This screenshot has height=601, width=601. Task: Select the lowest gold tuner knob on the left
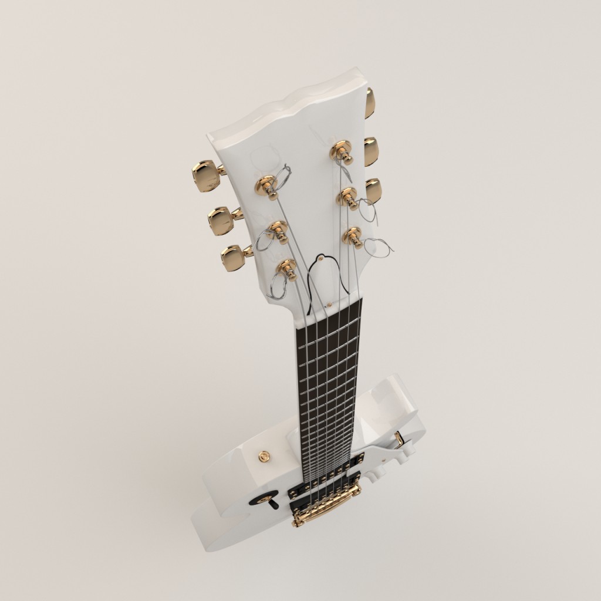click(x=234, y=258)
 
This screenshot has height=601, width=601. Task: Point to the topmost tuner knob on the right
click(x=369, y=103)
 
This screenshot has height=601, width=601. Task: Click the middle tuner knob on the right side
click(x=371, y=151)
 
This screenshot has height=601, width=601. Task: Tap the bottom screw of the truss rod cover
click(x=329, y=305)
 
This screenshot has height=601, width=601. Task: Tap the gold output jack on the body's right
click(x=399, y=437)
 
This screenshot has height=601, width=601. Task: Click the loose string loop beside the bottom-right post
click(x=379, y=248)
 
